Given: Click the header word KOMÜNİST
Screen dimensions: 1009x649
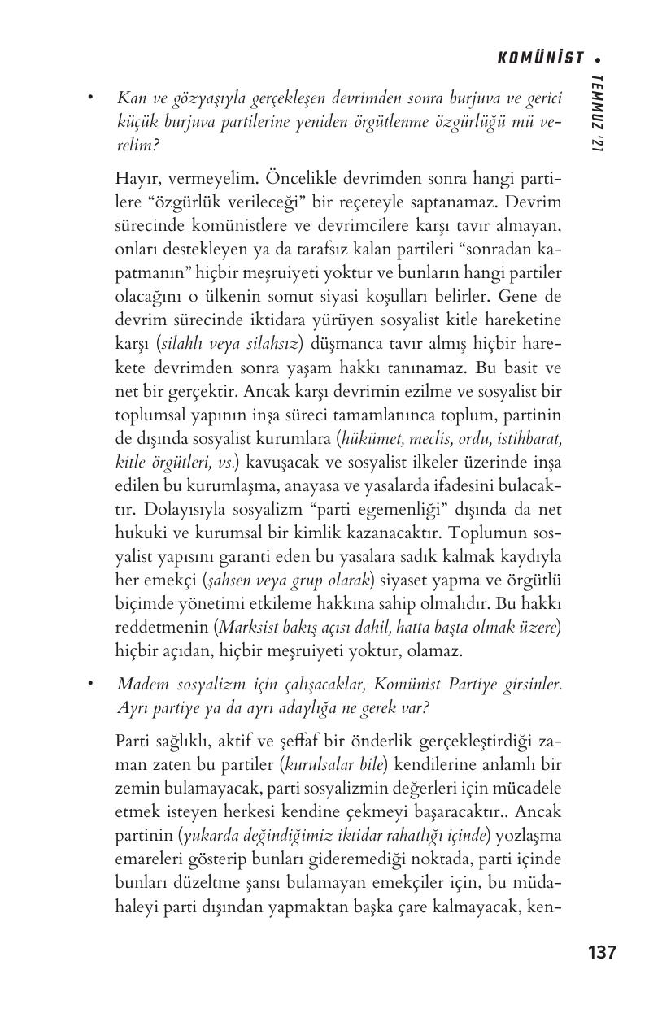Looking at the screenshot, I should click(540, 58).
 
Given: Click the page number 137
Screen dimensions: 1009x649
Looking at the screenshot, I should click(602, 952).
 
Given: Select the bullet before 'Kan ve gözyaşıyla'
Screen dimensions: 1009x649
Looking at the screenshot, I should click(91, 98).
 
